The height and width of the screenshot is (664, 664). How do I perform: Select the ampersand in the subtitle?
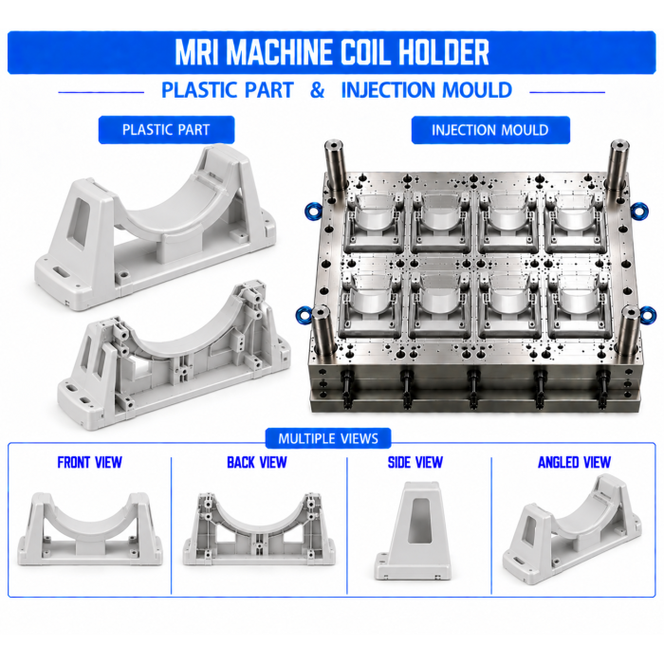click(x=317, y=90)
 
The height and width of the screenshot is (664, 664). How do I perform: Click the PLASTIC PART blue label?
click(x=166, y=130)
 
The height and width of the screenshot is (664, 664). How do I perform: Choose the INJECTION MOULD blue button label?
click(x=490, y=130)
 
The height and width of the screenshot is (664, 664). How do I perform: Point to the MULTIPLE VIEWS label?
click(x=328, y=438)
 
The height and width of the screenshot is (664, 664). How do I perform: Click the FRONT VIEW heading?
click(x=90, y=462)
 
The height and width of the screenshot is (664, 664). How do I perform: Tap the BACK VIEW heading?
click(x=257, y=462)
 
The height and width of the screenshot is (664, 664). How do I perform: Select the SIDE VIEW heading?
click(x=415, y=462)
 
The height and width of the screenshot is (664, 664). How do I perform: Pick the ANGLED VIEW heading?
click(x=574, y=462)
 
